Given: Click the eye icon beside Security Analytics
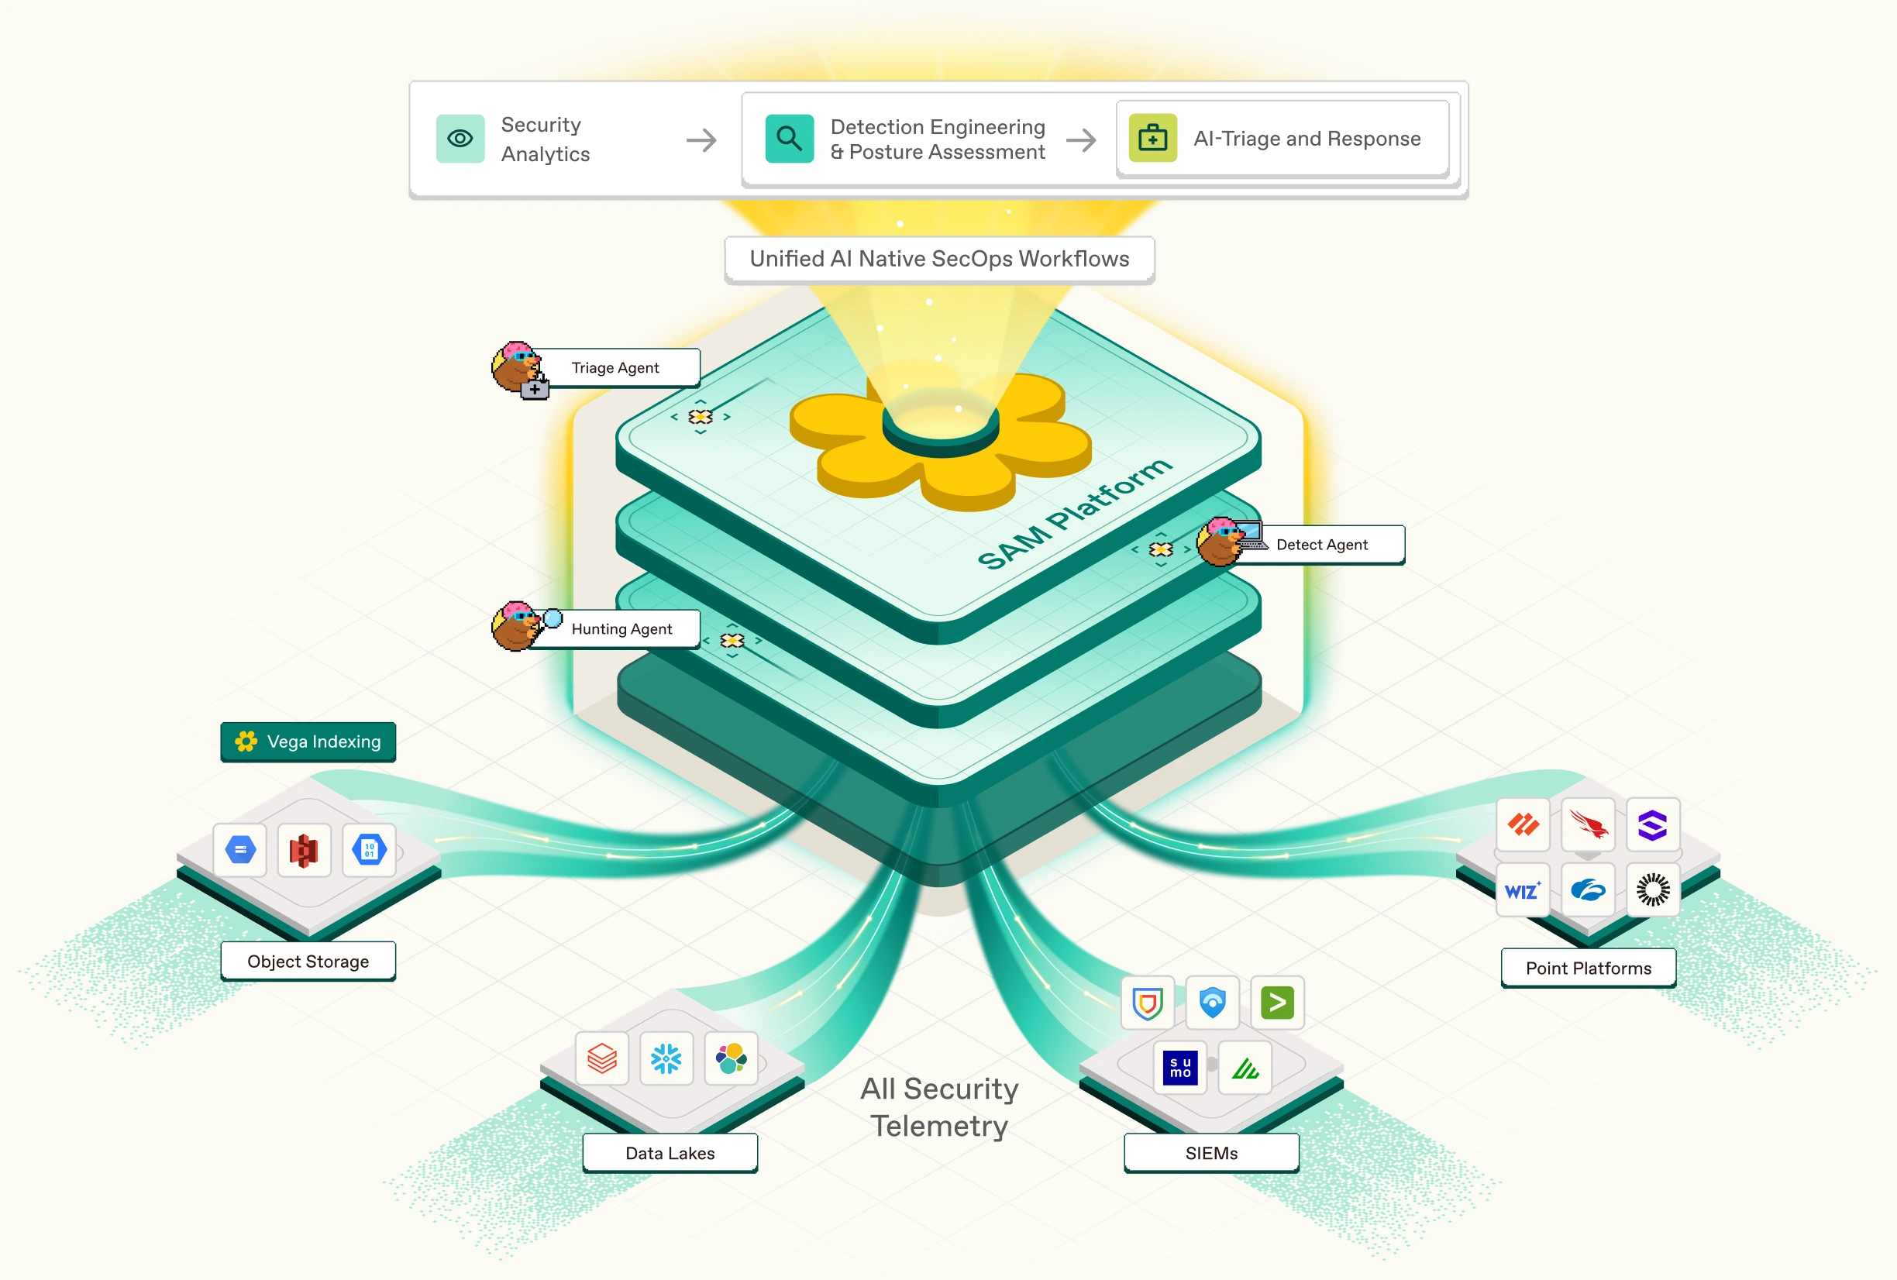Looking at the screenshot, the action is (460, 139).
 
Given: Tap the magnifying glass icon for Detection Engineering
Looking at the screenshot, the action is (789, 139).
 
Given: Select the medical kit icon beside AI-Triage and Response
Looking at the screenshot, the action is (1152, 139).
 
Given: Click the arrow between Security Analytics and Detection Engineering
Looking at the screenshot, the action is (701, 140).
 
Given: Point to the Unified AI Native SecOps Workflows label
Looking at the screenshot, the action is (938, 259).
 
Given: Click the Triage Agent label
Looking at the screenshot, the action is (615, 367).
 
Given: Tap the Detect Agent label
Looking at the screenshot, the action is (1320, 545).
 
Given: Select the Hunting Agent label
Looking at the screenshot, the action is (621, 628).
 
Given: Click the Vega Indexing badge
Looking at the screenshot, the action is (308, 742).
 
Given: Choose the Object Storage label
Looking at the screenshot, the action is (308, 961).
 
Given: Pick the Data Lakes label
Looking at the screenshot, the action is (670, 1153).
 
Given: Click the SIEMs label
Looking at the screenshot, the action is (1210, 1153).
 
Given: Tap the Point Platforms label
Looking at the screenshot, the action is (1588, 969).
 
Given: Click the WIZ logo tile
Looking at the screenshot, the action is (1523, 889).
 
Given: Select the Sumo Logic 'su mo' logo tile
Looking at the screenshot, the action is (1179, 1067).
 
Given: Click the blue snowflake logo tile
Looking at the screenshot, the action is (666, 1058).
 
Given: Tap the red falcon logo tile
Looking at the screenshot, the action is (1588, 824).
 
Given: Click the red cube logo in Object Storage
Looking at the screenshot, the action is (304, 851).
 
